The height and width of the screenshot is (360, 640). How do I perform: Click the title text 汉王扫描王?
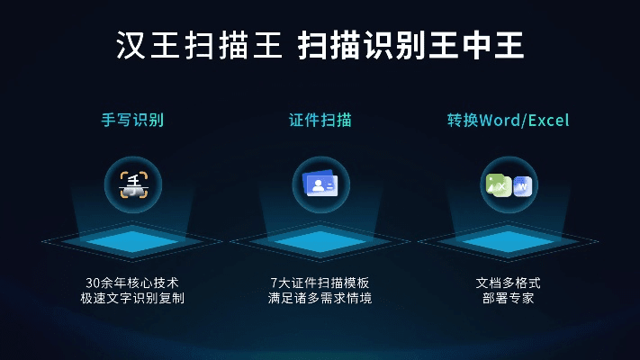coord(198,45)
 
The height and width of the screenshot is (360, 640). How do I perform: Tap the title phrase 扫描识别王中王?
coord(410,45)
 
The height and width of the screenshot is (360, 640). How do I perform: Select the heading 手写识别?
coord(132,120)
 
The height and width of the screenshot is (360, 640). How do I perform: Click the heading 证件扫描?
coord(320,120)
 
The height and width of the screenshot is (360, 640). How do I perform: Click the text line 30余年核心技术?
coord(132,283)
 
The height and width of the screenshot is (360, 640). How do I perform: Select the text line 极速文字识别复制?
coord(132,298)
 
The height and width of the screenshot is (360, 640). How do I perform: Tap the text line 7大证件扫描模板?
coord(320,283)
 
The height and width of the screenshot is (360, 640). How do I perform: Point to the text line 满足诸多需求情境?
coord(320,298)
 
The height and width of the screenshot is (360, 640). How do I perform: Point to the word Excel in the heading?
coord(548,120)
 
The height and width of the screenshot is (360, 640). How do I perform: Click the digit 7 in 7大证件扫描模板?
coord(274,283)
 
